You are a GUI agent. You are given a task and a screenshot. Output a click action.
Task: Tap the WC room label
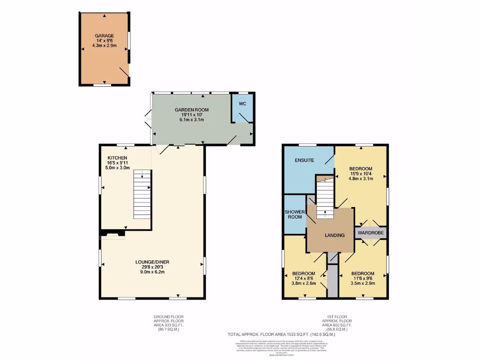pos(242,104)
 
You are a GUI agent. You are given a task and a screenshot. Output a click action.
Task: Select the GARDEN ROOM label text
pos(192,110)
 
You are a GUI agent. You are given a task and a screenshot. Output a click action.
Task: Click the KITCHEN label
pos(118,157)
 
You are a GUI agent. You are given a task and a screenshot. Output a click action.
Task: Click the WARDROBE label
pos(371,232)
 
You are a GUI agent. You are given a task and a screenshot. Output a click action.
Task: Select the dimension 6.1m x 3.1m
pos(192,120)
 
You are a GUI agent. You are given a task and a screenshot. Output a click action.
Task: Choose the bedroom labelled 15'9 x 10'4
pos(361,173)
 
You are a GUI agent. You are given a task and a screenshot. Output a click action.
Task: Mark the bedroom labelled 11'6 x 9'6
pos(363,278)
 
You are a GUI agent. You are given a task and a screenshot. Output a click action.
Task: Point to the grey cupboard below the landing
pos(332,280)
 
